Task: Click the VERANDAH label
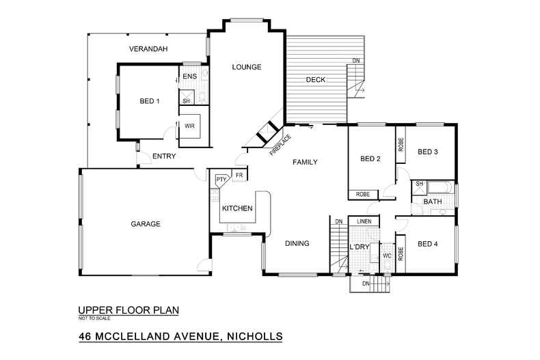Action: click(x=148, y=49)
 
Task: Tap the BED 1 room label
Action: click(x=149, y=102)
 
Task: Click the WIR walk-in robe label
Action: click(x=189, y=126)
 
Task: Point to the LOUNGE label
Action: click(x=247, y=67)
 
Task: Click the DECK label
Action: click(x=315, y=80)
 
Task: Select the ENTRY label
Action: click(x=164, y=156)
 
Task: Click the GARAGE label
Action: click(x=146, y=224)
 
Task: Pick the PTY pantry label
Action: click(x=221, y=180)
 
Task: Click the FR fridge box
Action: click(x=239, y=176)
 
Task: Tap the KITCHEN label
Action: click(x=237, y=208)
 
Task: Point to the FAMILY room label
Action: click(x=306, y=163)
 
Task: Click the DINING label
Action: click(x=297, y=243)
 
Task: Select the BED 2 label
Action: click(x=370, y=159)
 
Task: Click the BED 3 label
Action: click(x=427, y=152)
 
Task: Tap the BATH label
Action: click(x=432, y=202)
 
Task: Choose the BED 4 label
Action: click(x=427, y=244)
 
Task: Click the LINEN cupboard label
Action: click(x=364, y=221)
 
